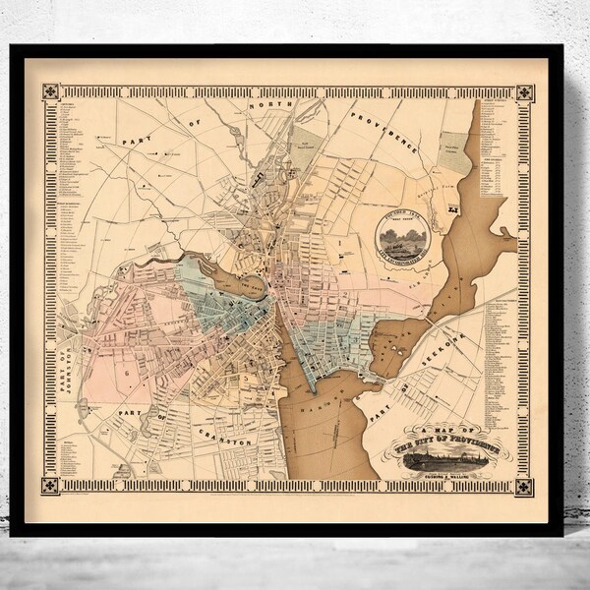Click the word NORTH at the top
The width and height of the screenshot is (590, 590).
tap(267, 107)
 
